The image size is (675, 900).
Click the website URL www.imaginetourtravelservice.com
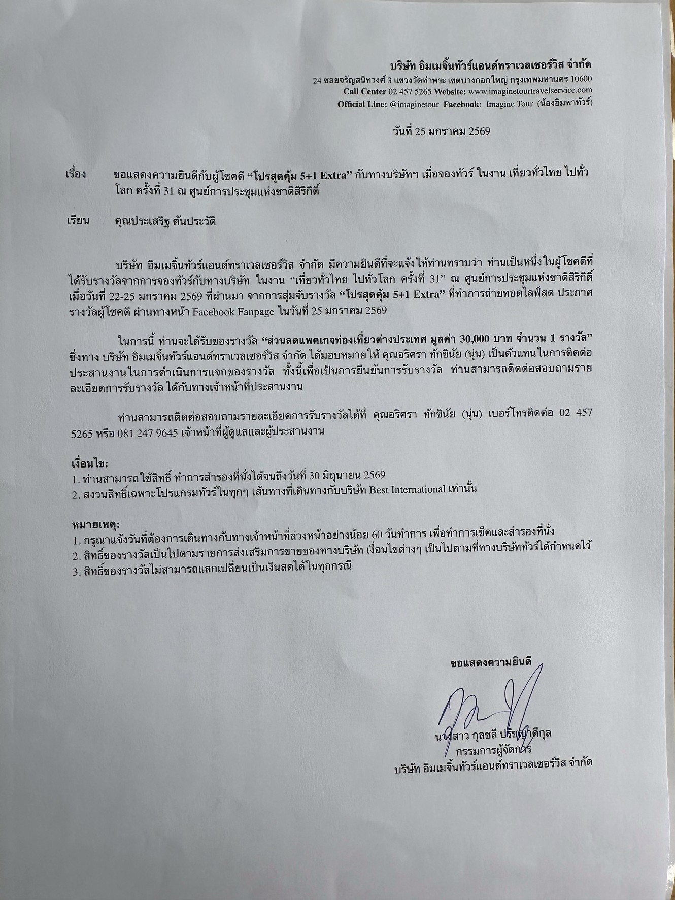point(530,91)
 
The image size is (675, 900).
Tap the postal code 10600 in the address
point(580,80)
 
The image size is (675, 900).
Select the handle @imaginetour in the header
point(417,104)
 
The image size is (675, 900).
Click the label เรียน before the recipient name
point(78,221)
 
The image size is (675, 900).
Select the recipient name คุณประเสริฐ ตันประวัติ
point(165,222)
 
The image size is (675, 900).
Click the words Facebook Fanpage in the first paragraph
point(235,312)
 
